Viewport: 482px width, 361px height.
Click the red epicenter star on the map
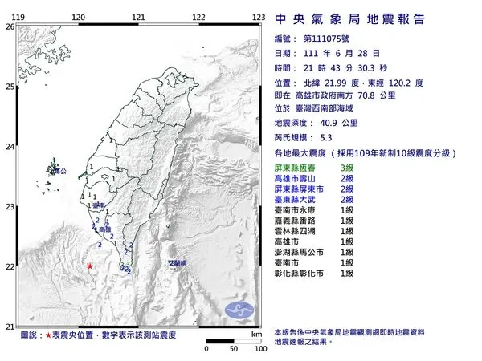point(90,266)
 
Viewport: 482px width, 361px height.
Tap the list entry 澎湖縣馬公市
point(298,251)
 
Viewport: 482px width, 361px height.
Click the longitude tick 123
point(259,17)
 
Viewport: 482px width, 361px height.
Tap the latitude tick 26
point(10,26)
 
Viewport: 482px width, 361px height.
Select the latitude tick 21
point(10,327)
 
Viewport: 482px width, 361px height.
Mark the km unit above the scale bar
point(255,334)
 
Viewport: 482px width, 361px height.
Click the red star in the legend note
point(49,334)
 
